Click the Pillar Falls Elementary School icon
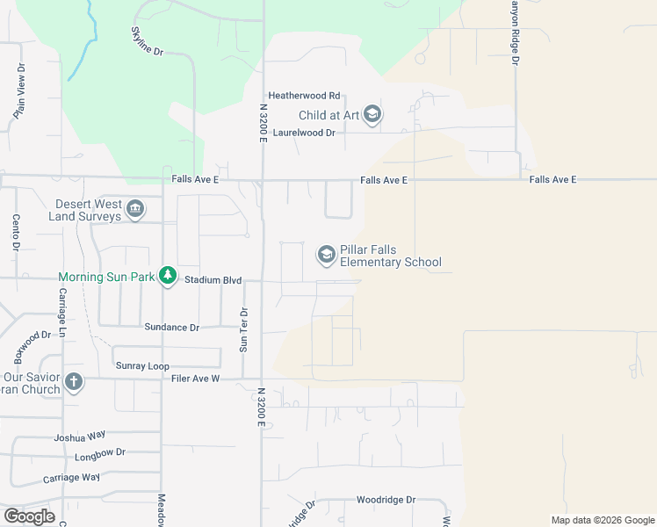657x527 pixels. pyautogui.click(x=327, y=255)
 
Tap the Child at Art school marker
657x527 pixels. pyautogui.click(x=372, y=115)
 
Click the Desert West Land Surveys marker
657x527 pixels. pyautogui.click(x=135, y=209)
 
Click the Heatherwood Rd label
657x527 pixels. pyautogui.click(x=304, y=96)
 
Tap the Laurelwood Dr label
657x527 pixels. pyautogui.click(x=305, y=132)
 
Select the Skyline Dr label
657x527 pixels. pyautogui.click(x=148, y=40)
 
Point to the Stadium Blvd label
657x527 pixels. pyautogui.click(x=213, y=280)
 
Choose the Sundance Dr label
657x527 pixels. pyautogui.click(x=172, y=327)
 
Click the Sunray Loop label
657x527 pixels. pyautogui.click(x=141, y=365)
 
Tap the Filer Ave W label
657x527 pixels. pyautogui.click(x=193, y=379)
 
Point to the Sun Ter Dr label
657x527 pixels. pyautogui.click(x=245, y=329)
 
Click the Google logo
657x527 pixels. pyautogui.click(x=29, y=516)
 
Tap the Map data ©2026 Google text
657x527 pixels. pyautogui.click(x=602, y=520)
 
